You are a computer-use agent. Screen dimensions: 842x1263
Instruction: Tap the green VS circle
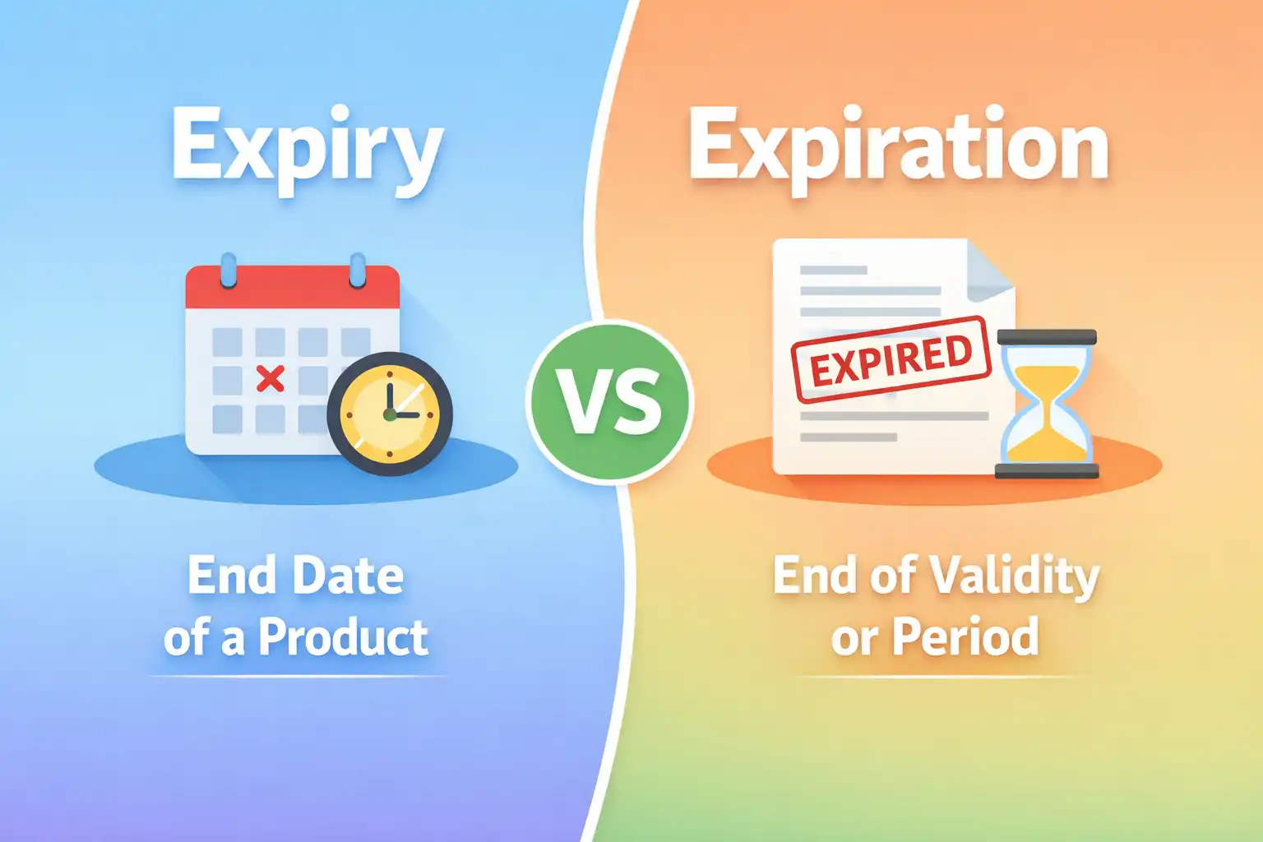(x=609, y=401)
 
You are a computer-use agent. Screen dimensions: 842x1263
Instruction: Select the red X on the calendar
(x=270, y=378)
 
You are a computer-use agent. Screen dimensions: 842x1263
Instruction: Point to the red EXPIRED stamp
(x=891, y=359)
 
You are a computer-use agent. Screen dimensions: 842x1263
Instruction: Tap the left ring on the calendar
(x=229, y=269)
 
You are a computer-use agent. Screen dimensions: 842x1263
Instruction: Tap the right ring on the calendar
(x=358, y=269)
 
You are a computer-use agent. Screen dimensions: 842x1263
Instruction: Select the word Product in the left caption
(x=343, y=637)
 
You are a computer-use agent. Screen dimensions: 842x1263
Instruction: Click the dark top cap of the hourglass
(x=1047, y=337)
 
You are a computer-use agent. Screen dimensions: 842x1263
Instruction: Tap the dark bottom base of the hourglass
(x=1047, y=470)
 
